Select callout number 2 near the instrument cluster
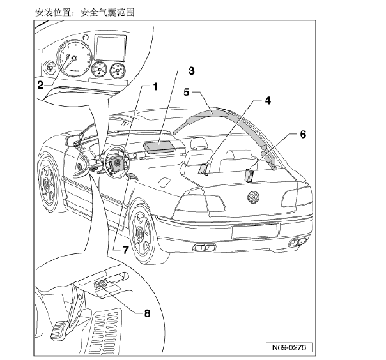[40, 84]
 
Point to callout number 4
[268, 100]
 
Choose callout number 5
[187, 91]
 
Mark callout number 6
[302, 135]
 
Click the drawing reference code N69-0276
[285, 349]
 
